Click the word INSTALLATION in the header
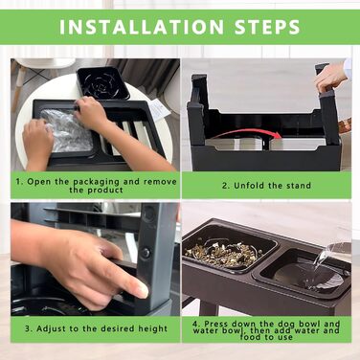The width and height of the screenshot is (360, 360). pos(142,27)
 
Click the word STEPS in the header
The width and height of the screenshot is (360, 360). pos(267,27)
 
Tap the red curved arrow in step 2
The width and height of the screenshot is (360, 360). pos(246,132)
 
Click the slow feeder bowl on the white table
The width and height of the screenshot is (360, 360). pos(103,83)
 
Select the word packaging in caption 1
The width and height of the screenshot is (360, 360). pos(97,182)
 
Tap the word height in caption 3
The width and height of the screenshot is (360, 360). pos(152,328)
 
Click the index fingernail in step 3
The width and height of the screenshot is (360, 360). pos(142,290)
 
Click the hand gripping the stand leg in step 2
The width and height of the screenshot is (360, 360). pos(330,78)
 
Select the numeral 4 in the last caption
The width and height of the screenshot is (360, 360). pos(195,324)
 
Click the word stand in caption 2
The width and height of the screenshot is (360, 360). pos(298,186)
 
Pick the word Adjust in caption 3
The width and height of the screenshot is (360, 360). pos(49,328)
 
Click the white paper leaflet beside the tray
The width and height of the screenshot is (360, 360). pos(160,109)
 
